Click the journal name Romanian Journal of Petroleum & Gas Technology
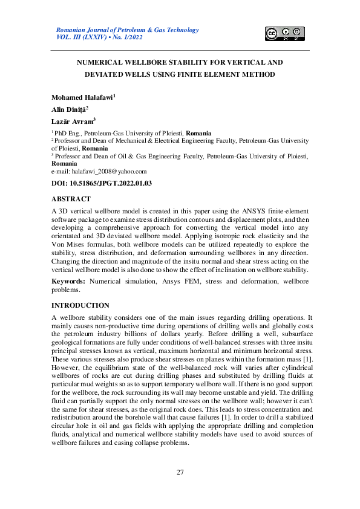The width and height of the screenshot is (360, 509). pos(126,30)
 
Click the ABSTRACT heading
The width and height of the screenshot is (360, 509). pos(71,198)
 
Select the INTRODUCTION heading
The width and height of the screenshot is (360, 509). pos(80,306)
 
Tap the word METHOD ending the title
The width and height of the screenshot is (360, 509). pos(259,74)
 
